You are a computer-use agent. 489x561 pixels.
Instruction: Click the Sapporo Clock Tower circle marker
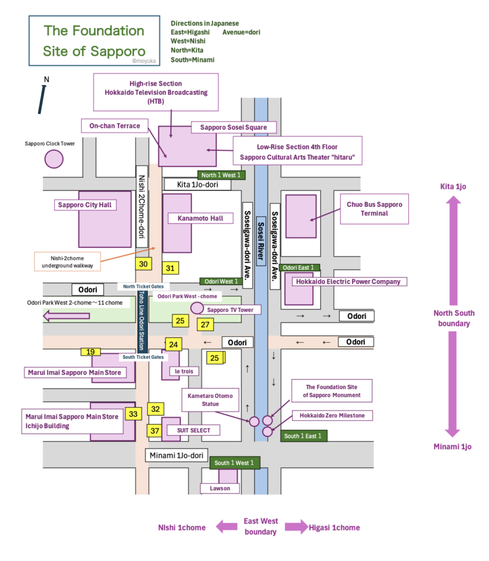tap(54, 159)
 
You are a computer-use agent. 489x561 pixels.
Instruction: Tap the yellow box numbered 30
tap(144, 264)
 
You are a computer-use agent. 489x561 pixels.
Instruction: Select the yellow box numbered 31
tap(170, 268)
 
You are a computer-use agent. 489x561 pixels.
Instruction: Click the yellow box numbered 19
tap(90, 351)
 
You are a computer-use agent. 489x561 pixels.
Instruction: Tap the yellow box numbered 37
tap(155, 430)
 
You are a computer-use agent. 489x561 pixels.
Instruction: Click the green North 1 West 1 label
tap(221, 175)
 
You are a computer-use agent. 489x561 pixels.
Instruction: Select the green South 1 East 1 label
tap(304, 436)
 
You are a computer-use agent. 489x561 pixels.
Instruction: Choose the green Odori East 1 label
tap(300, 268)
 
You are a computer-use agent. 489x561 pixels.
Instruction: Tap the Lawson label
tap(219, 489)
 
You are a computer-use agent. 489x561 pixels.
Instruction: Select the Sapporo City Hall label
tap(86, 205)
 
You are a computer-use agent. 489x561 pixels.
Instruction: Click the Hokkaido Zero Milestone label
tap(332, 416)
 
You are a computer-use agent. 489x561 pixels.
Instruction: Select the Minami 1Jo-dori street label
tap(176, 455)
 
